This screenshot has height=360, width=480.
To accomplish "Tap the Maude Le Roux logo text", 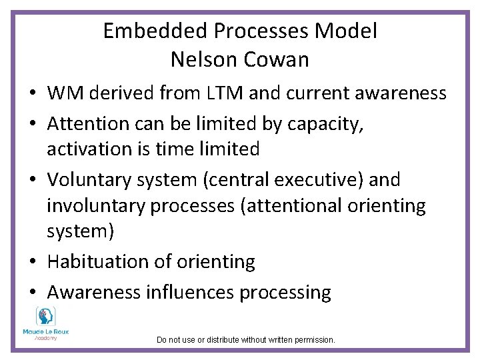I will click(46, 331).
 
